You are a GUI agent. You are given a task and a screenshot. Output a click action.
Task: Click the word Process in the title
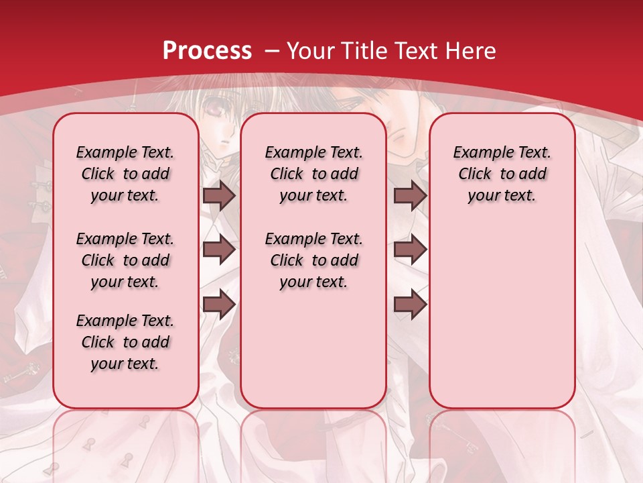[x=207, y=51]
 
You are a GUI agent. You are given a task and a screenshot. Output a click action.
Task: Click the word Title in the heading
[x=365, y=51]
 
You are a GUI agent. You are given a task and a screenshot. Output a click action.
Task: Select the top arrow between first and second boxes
[x=219, y=196]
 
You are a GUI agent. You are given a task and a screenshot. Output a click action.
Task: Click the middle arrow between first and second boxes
[x=219, y=250]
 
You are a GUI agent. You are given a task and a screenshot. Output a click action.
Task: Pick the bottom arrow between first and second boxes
[x=219, y=305]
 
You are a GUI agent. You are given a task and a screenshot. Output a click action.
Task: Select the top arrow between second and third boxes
[x=410, y=196]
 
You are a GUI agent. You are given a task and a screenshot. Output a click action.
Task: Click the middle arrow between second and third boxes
[x=410, y=250]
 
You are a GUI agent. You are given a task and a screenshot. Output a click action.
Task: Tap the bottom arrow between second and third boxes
[x=410, y=305]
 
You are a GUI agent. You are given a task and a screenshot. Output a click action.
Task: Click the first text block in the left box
[x=125, y=174]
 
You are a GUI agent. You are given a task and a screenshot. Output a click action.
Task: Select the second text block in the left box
[x=125, y=260]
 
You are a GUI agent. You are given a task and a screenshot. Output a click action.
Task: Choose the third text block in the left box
[x=125, y=342]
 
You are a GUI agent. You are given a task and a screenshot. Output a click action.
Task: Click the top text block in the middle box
[x=313, y=174]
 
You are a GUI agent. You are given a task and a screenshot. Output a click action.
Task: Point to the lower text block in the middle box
[x=313, y=260]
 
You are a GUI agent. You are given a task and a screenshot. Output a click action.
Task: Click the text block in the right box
[x=502, y=174]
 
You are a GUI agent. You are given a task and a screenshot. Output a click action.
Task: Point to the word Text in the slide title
[x=416, y=51]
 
